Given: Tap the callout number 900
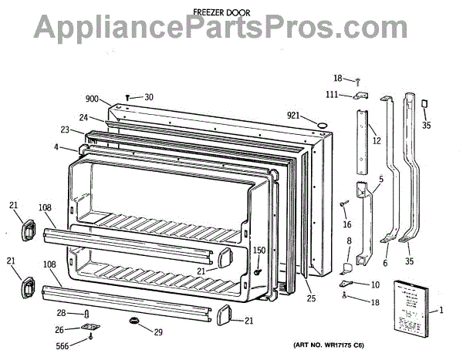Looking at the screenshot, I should click(92, 99).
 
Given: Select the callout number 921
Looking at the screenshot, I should click(292, 115).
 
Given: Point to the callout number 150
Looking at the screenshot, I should click(259, 250).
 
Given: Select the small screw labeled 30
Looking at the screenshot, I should click(127, 97).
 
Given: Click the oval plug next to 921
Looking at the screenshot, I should click(319, 123).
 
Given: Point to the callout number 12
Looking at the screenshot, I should click(376, 140).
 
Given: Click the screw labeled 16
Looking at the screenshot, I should click(342, 204).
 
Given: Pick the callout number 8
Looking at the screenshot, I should click(349, 241).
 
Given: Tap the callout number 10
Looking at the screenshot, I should click(375, 285).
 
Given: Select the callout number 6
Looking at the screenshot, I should click(384, 263).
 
